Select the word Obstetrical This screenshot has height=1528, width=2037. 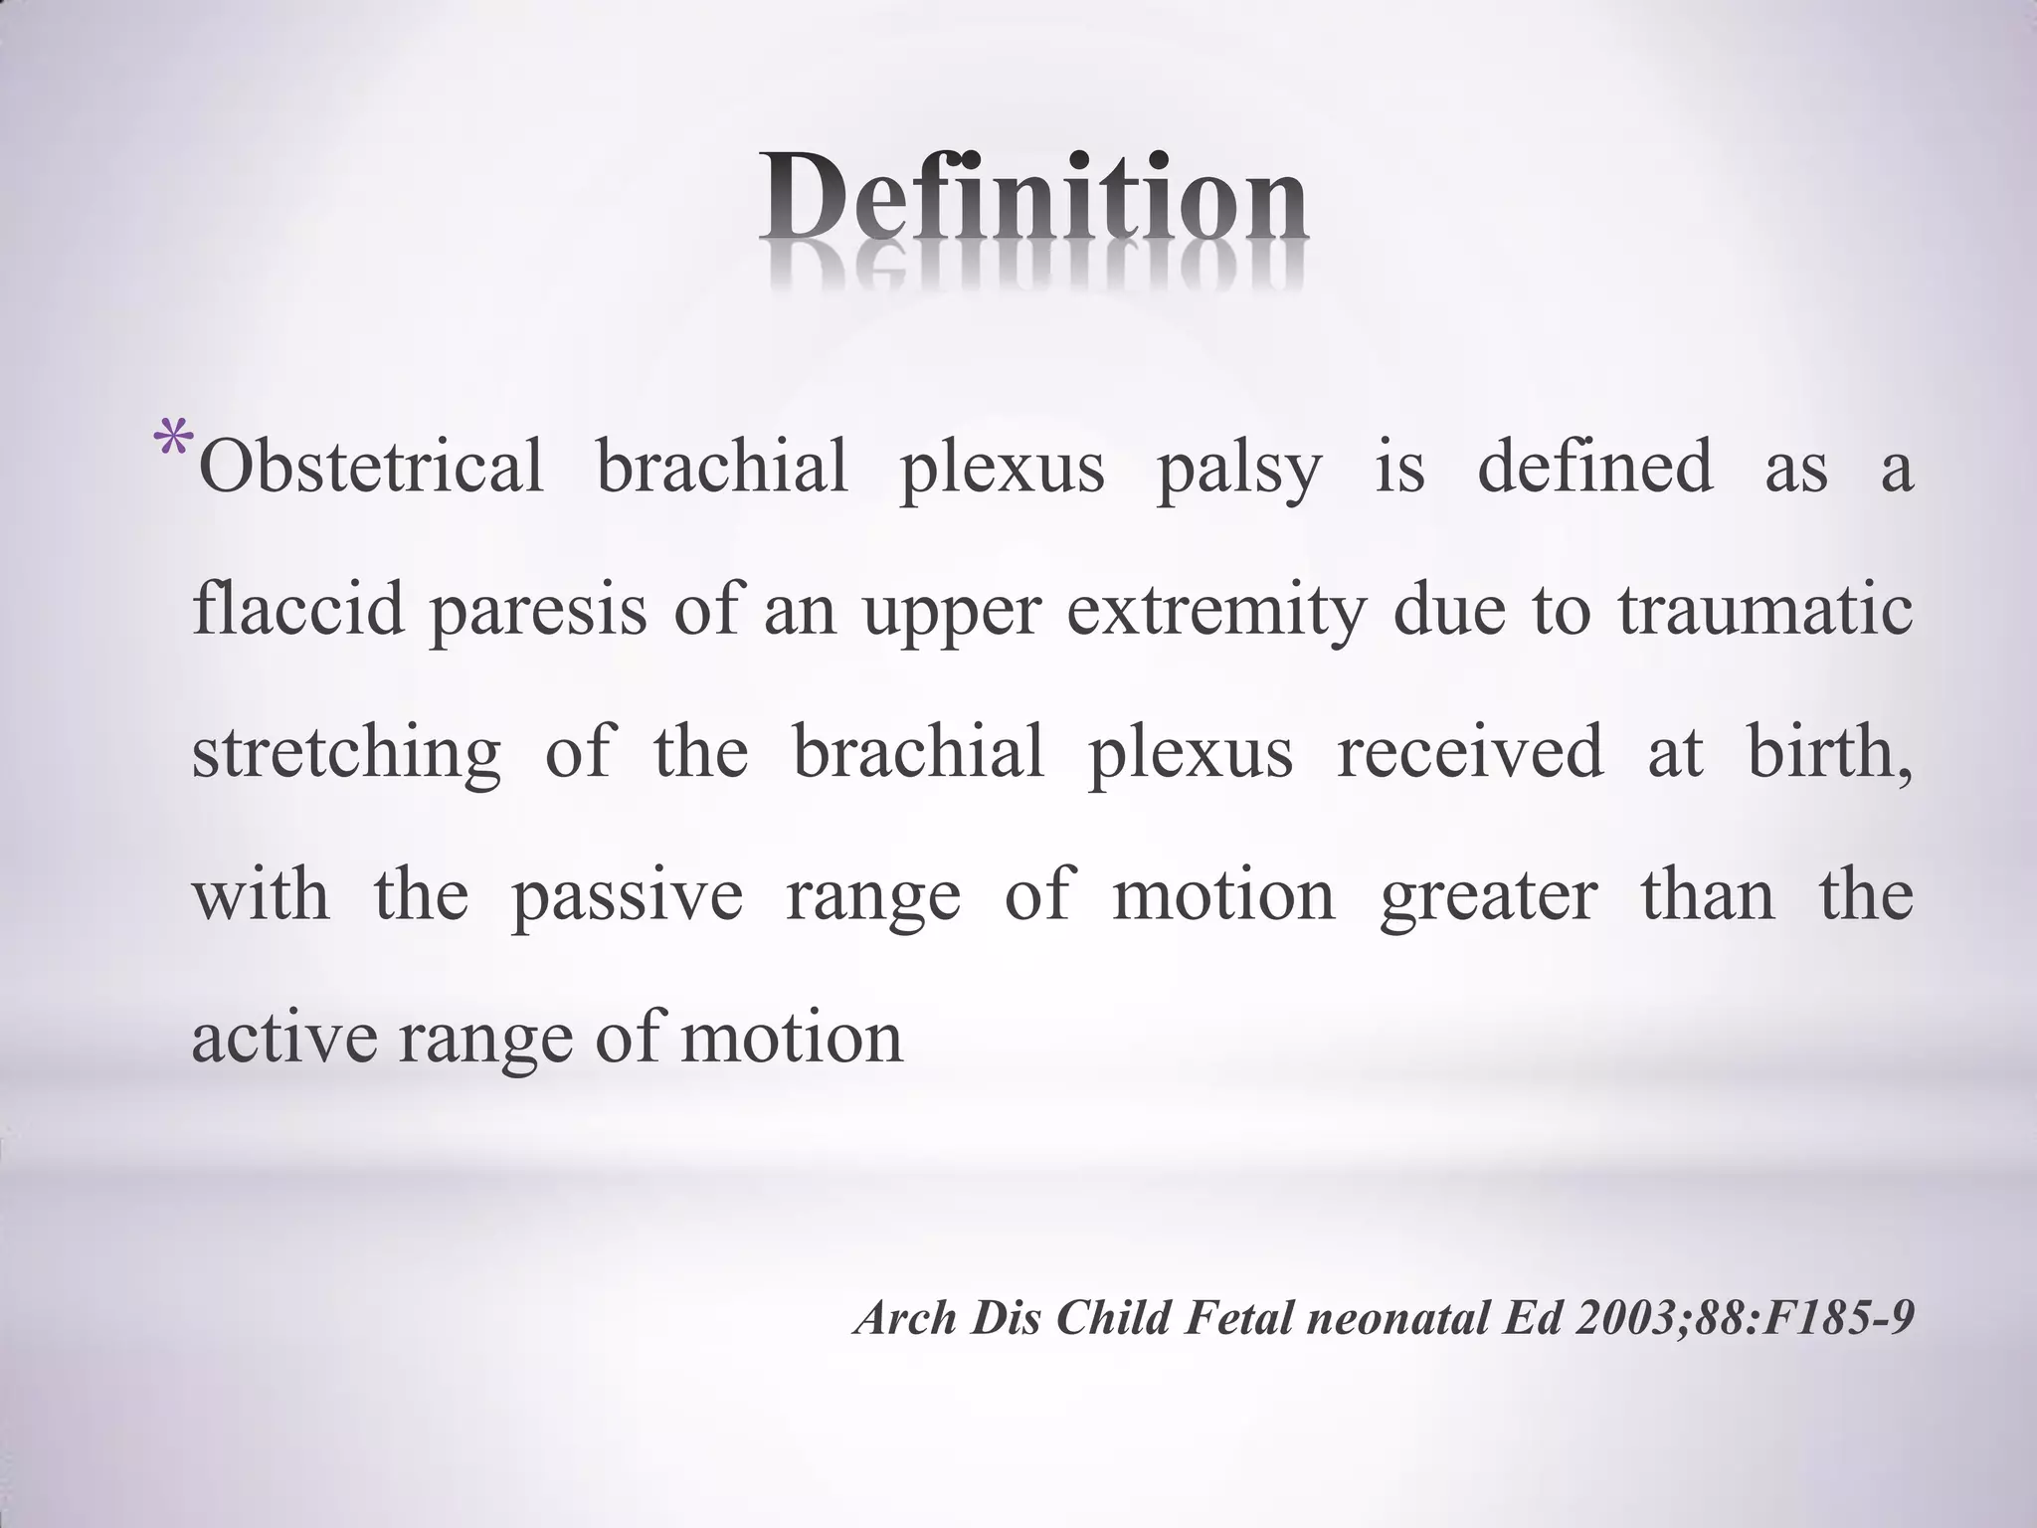[371, 467]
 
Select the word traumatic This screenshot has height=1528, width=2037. [1764, 609]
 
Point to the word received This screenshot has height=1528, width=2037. [1470, 752]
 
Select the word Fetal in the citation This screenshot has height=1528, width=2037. [1239, 1318]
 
